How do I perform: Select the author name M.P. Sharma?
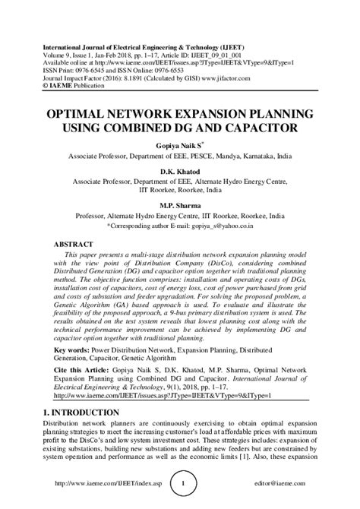pyautogui.click(x=179, y=205)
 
